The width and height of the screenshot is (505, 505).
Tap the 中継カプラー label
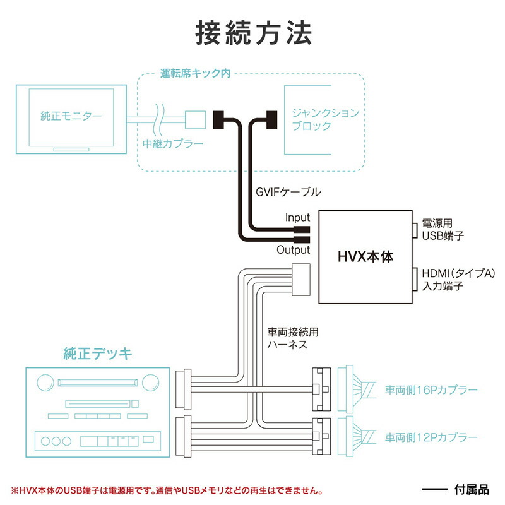(172, 144)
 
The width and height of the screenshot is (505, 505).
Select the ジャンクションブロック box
(324, 120)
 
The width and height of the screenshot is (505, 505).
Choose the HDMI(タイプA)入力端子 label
(454, 280)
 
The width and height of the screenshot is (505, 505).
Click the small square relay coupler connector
(195, 117)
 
